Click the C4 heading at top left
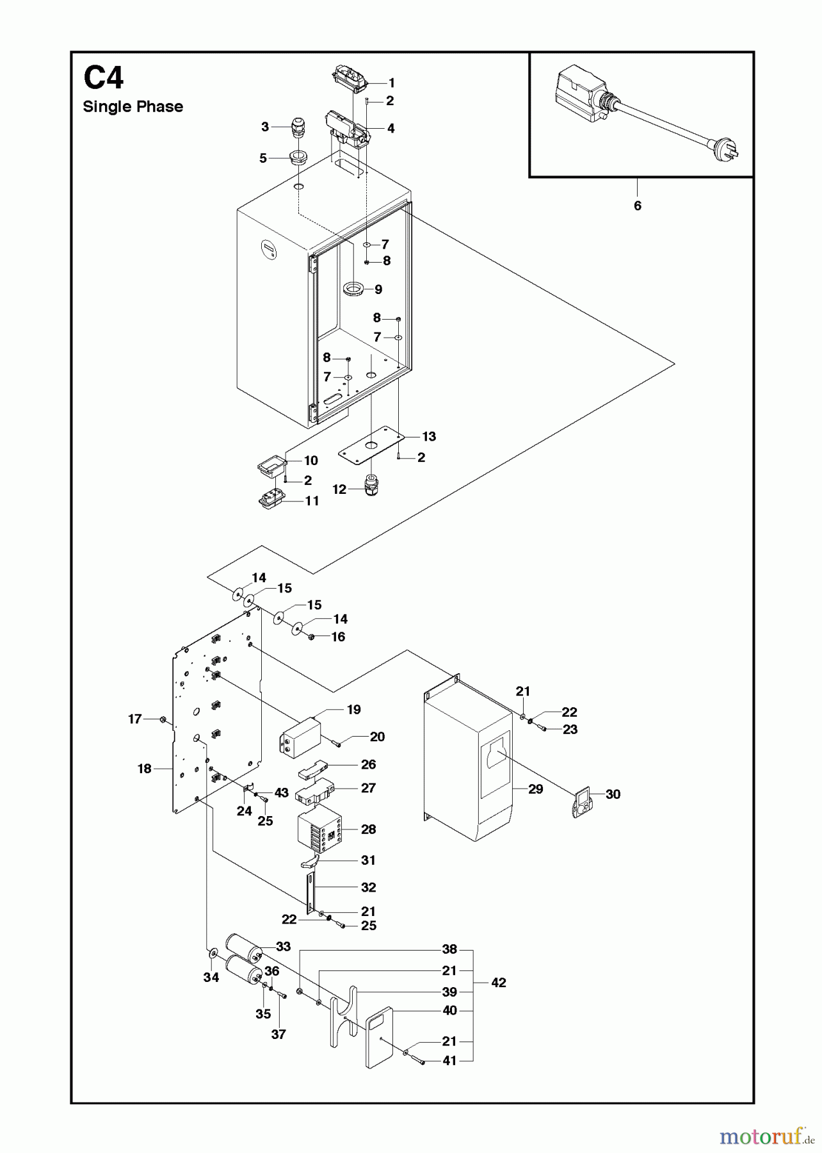103,79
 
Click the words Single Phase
133,107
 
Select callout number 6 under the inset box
637,206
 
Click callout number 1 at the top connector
391,83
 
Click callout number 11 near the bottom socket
312,501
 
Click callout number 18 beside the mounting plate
145,768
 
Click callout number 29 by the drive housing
535,789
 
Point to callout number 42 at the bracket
498,983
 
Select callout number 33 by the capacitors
283,946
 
